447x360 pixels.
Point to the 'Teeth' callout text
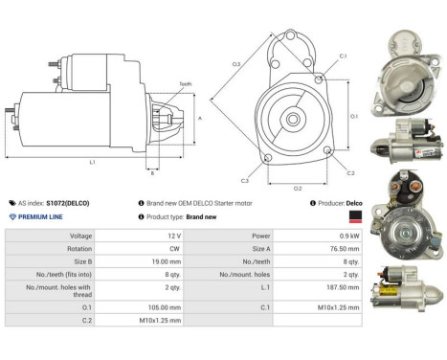coord(185,84)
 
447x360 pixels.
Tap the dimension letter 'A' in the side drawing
coord(199,118)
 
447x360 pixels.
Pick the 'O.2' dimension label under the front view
coord(298,189)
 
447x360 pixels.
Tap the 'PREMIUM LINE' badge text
coord(41,217)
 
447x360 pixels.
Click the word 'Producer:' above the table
coord(326,203)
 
